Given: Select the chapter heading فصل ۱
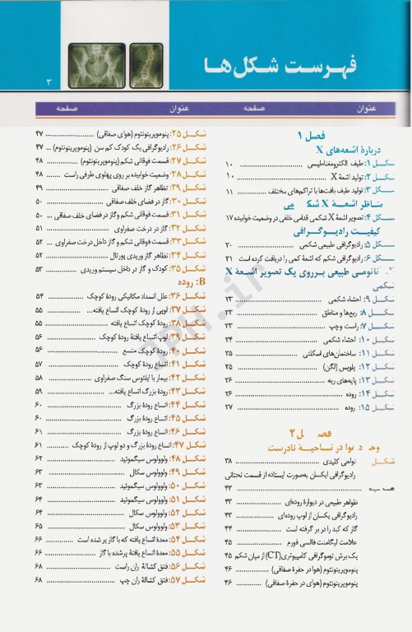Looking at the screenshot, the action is click(x=311, y=135).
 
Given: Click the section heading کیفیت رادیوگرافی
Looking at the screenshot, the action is click(x=311, y=233).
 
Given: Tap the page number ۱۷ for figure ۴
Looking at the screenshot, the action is click(x=229, y=218).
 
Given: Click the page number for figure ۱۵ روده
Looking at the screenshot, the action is click(x=229, y=407).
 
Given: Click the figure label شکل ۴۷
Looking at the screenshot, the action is click(x=183, y=444).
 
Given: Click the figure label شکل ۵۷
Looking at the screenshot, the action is click(x=183, y=579).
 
